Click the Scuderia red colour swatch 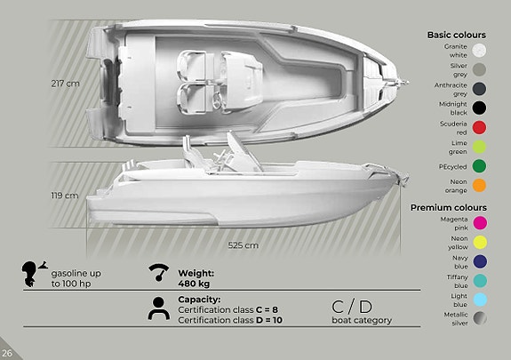[x=479, y=127]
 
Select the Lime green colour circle [x=479, y=147]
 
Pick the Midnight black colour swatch [x=479, y=108]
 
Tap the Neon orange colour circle [x=479, y=185]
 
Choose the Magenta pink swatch [x=481, y=223]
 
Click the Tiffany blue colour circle [x=481, y=281]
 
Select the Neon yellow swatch [x=481, y=243]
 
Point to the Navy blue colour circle [x=481, y=261]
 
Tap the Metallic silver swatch [x=481, y=318]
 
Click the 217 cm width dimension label [x=65, y=84]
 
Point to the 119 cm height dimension [x=65, y=196]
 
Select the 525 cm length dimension [x=244, y=245]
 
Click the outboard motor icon [x=34, y=274]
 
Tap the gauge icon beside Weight [x=159, y=273]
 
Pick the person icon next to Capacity [x=159, y=308]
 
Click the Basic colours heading [x=456, y=35]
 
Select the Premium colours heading [x=449, y=207]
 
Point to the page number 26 [x=7, y=353]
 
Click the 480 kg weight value [x=194, y=284]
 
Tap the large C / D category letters [x=352, y=307]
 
